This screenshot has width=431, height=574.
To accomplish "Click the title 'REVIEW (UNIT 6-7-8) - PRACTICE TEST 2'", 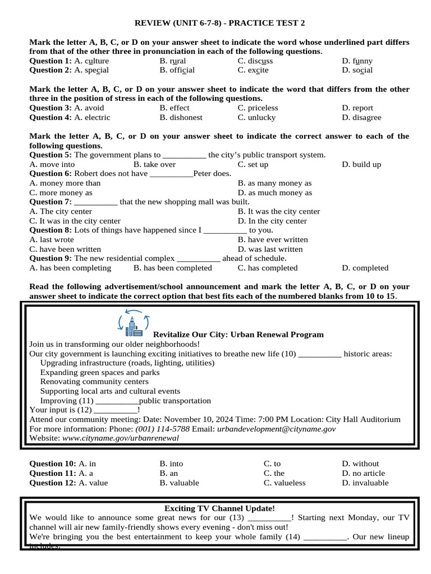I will pyautogui.click(x=220, y=23).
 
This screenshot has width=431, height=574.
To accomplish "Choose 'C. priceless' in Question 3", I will pyautogui.click(x=258, y=108).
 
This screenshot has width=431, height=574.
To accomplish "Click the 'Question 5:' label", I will pyautogui.click(x=51, y=155).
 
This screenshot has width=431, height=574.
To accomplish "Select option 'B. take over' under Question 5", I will pyautogui.click(x=154, y=164).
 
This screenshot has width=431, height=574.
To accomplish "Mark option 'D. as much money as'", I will pyautogui.click(x=274, y=192).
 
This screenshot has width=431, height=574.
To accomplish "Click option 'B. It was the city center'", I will pyautogui.click(x=278, y=211).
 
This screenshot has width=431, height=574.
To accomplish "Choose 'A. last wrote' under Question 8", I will pyautogui.click(x=52, y=239).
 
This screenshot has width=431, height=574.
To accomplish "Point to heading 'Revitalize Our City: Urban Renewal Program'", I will pyautogui.click(x=239, y=335).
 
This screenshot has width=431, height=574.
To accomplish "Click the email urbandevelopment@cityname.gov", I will pyautogui.click(x=276, y=429).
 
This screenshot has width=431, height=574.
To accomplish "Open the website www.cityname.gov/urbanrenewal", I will pyautogui.click(x=120, y=438).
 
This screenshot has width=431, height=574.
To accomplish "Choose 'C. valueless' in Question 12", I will pyautogui.click(x=285, y=483).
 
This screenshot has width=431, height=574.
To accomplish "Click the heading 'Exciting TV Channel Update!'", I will pyautogui.click(x=219, y=508).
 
